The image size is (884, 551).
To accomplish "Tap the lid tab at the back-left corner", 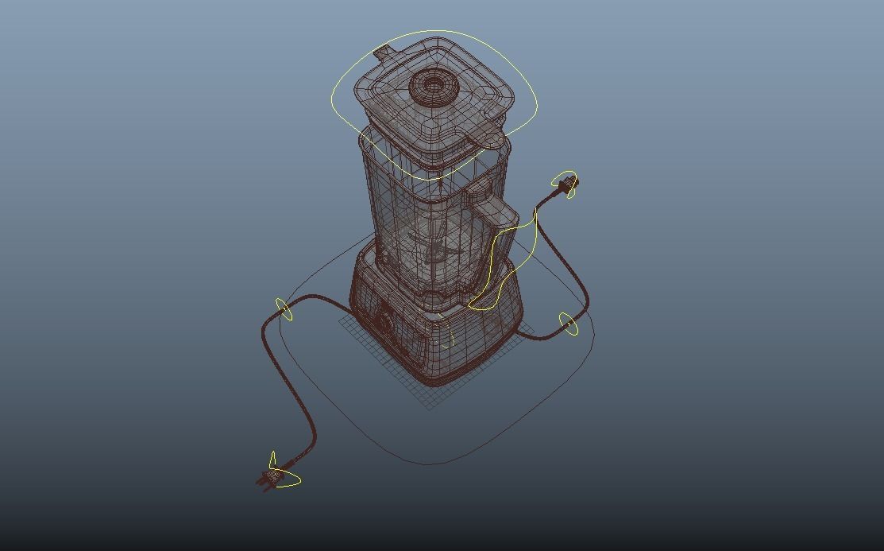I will [x=383, y=55].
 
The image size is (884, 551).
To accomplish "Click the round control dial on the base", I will [x=385, y=322].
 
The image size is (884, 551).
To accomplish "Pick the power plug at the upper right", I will [x=567, y=185].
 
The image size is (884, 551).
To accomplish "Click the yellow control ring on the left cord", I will [x=284, y=309].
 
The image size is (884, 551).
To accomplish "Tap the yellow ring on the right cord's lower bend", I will [x=568, y=324].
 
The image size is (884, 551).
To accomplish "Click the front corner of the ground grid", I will [x=429, y=408].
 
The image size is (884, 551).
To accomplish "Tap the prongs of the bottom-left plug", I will [x=261, y=482].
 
